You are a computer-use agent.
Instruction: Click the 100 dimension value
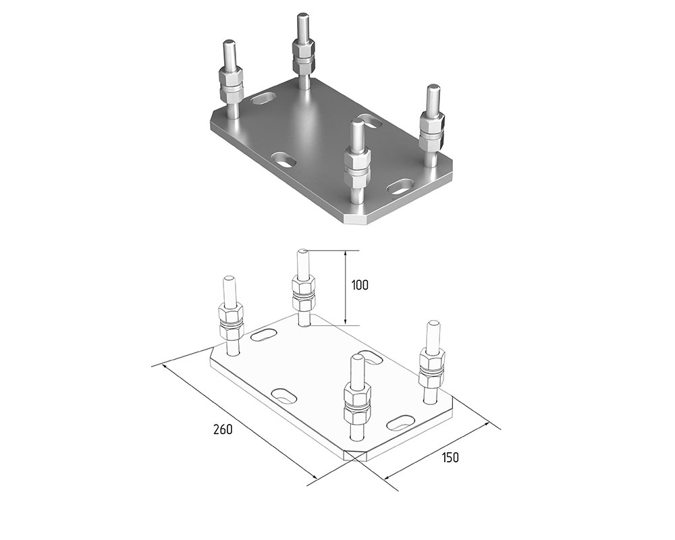tap(360, 285)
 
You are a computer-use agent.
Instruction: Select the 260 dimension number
tap(223, 429)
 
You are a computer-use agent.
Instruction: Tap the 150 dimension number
tap(450, 458)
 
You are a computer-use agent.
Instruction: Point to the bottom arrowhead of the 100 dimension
tap(345, 321)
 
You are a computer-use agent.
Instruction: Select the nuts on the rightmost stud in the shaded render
tap(431, 130)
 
